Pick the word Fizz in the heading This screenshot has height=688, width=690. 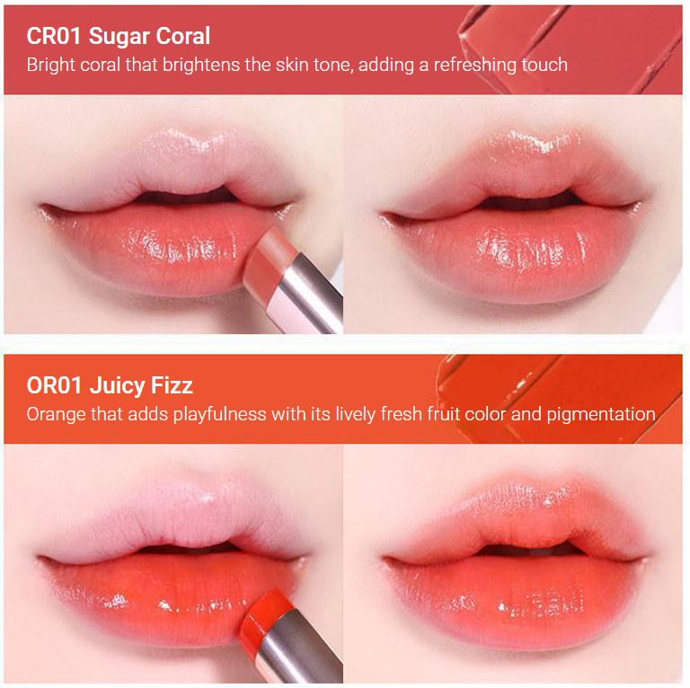[x=173, y=385]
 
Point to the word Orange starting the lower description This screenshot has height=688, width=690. [x=55, y=414]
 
